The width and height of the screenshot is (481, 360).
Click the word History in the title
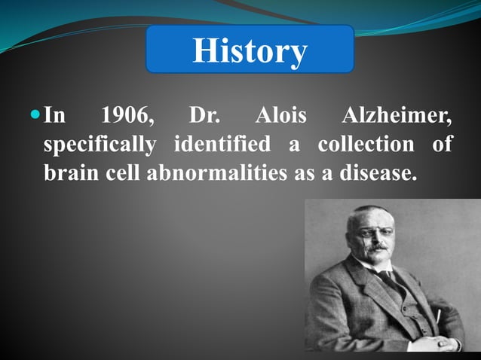click(x=250, y=51)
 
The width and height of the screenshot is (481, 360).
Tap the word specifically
click(x=99, y=145)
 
